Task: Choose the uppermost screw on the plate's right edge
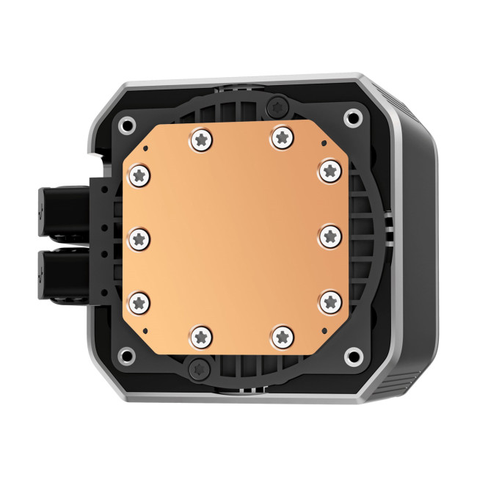pyautogui.click(x=327, y=170)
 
